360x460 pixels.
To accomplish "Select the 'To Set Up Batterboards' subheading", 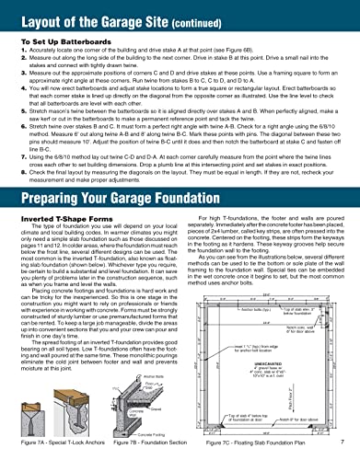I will click(55, 41).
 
